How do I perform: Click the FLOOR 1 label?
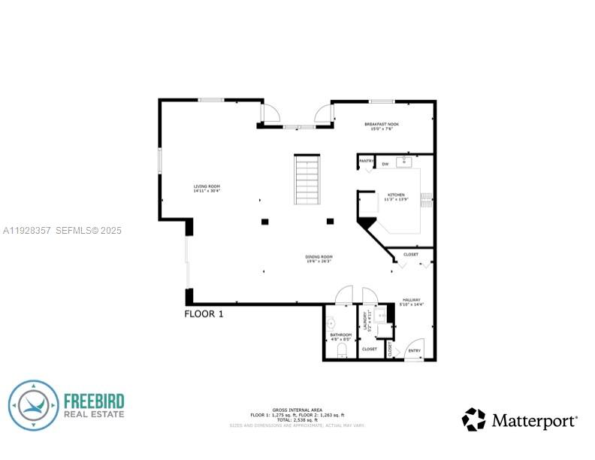tap(204, 314)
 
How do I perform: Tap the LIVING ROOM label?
tap(207, 189)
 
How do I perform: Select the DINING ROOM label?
tap(319, 259)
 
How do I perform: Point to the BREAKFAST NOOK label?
tap(382, 126)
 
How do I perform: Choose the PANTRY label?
tap(367, 161)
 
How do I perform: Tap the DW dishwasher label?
tap(385, 164)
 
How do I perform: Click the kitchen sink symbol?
tap(406, 161)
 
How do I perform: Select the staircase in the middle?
tap(307, 180)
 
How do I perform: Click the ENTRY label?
tap(414, 351)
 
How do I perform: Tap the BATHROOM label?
tap(340, 337)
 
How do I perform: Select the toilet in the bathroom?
tap(342, 350)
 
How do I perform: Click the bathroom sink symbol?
tap(330, 323)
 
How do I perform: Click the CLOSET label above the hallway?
tap(411, 254)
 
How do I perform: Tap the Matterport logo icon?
tap(473, 419)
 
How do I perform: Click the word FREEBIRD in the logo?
tap(94, 401)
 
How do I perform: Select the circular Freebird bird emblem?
tap(34, 406)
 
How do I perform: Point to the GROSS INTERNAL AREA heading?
tap(297, 410)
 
